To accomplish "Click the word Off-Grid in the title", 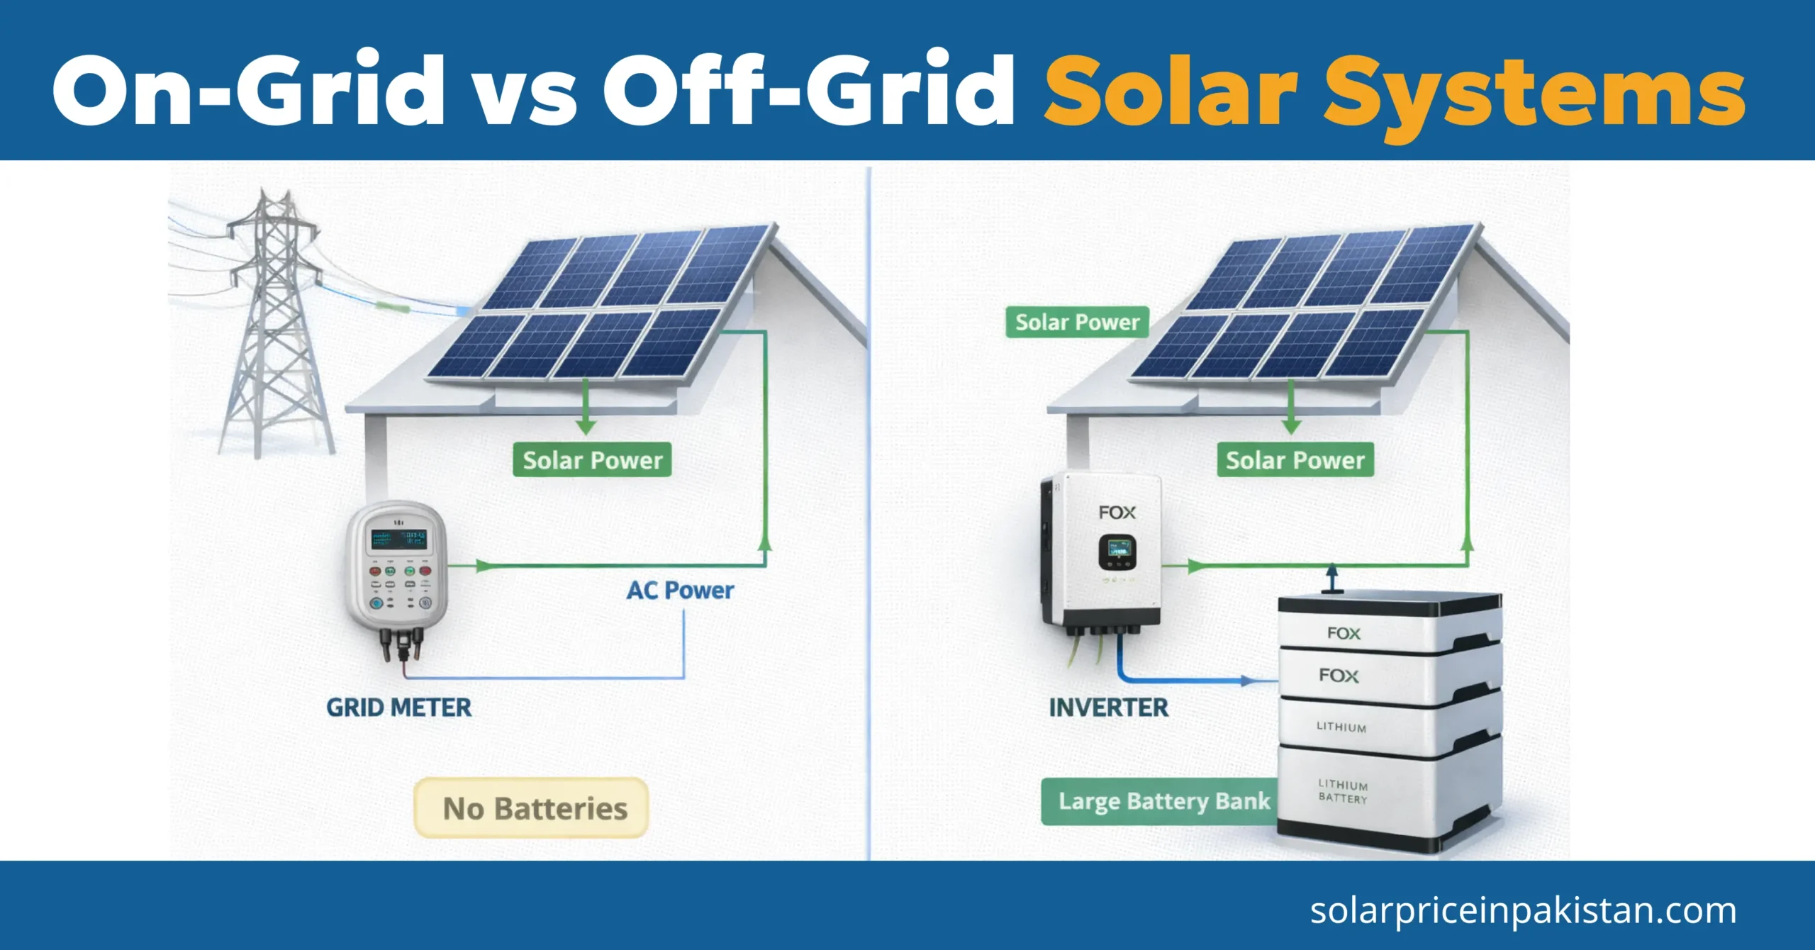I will [x=808, y=91].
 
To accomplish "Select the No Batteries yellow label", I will [x=532, y=808].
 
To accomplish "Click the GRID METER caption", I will [x=398, y=708].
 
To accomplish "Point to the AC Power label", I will [x=679, y=591].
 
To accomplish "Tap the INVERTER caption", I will [x=1108, y=708].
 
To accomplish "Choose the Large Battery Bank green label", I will [x=1163, y=801].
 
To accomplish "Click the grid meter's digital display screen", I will [x=398, y=540].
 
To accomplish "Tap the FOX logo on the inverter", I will [x=1117, y=513].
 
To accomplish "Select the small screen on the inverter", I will [x=1117, y=551].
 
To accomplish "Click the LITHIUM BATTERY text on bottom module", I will [x=1342, y=791].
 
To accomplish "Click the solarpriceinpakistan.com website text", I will [x=1523, y=910].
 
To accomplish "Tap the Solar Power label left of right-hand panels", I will [x=1077, y=323].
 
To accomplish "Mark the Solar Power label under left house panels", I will [x=592, y=461].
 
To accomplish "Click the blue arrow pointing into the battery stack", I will [x=1248, y=681].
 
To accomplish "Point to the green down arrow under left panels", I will [x=586, y=411].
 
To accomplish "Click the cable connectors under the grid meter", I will [x=401, y=642].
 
